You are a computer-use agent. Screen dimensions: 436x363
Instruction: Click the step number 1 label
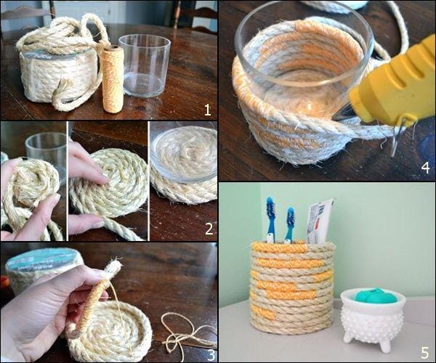pos(208,110)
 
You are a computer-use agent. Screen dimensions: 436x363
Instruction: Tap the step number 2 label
pos(209,229)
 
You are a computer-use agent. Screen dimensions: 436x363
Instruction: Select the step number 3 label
pos(211,355)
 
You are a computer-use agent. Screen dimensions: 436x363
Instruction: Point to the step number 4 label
pos(425,168)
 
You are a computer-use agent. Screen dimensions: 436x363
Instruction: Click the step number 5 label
pos(425,353)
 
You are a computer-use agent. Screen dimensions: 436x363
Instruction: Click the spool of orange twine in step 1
pos(113,79)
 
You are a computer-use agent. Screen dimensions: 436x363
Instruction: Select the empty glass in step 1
pos(145,65)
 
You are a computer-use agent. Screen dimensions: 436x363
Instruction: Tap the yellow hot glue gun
pos(392,83)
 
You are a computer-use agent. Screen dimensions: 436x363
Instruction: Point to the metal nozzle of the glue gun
pos(342,114)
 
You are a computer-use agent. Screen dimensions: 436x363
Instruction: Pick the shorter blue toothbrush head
pos(290,219)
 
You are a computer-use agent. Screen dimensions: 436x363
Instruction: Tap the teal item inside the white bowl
pos(372,295)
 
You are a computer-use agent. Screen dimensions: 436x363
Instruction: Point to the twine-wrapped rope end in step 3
pos(92,300)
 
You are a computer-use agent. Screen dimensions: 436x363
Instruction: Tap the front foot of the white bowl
pos(385,346)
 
